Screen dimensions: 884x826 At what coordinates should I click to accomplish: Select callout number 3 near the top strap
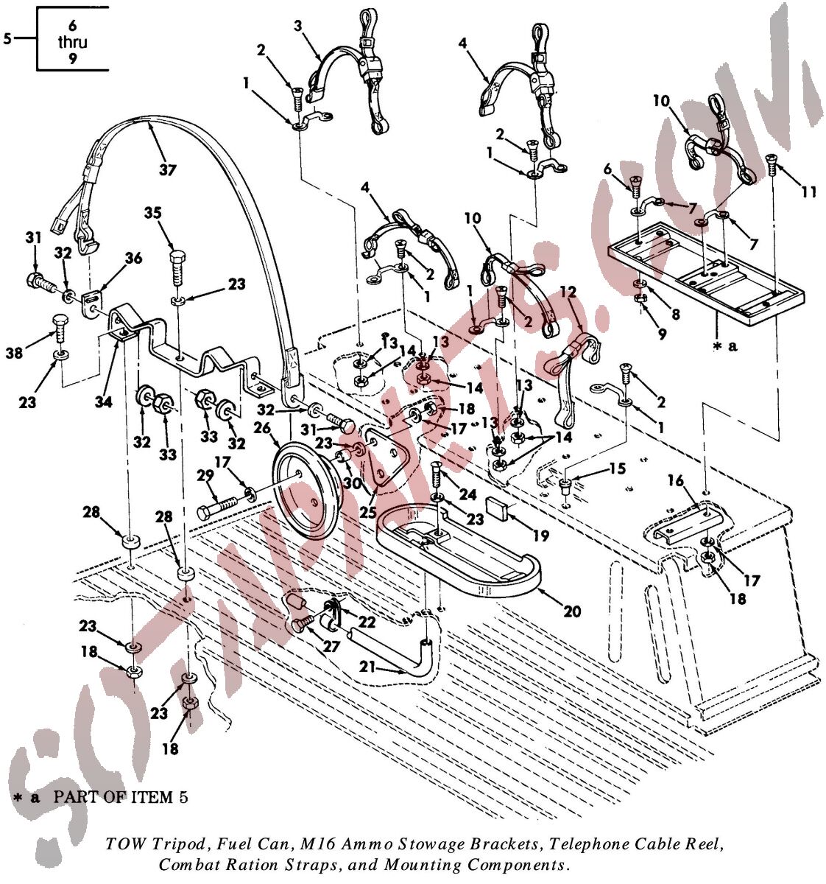point(297,27)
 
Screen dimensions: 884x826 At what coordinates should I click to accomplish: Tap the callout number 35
point(152,214)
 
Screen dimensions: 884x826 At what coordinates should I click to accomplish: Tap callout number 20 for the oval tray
point(572,611)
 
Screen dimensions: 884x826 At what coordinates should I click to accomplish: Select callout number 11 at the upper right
point(808,192)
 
